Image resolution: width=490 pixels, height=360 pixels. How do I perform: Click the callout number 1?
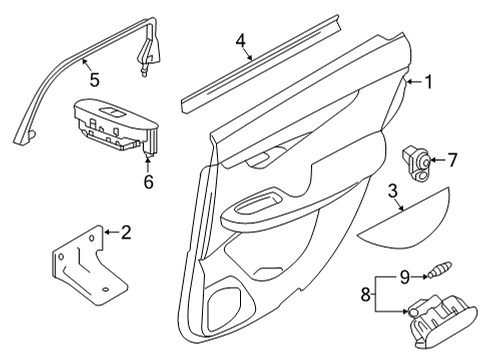429,83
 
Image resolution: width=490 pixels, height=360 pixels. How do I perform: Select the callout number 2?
126,233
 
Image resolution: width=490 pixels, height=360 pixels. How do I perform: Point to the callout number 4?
240,42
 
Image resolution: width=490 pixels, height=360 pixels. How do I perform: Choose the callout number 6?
150,182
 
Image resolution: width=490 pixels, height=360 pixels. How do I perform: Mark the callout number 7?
452,158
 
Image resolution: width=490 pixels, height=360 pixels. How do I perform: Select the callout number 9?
404,276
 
